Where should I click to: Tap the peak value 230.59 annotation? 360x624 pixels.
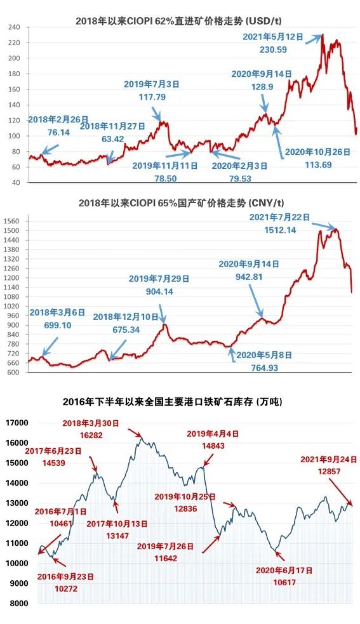(x=273, y=50)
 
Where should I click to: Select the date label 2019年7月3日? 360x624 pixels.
(x=152, y=84)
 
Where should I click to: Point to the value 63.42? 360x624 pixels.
(x=113, y=139)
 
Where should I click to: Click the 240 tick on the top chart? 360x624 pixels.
(x=14, y=27)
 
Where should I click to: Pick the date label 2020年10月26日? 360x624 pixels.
(x=318, y=152)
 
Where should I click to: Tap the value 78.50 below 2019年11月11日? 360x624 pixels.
(x=166, y=178)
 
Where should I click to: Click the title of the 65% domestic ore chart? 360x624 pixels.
(x=181, y=203)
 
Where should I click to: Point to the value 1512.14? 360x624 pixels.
(x=281, y=230)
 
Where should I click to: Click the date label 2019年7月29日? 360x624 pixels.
(x=159, y=279)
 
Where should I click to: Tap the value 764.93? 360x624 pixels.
(x=264, y=368)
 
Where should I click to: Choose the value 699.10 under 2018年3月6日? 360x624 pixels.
(x=58, y=326)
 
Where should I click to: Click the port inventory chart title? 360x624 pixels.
(x=173, y=402)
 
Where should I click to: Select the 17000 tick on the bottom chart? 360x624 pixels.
(x=17, y=423)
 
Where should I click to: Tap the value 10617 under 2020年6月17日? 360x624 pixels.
(x=284, y=583)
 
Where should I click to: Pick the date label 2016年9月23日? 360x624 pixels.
(x=65, y=576)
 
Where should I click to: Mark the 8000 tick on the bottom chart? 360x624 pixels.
(x=19, y=604)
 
